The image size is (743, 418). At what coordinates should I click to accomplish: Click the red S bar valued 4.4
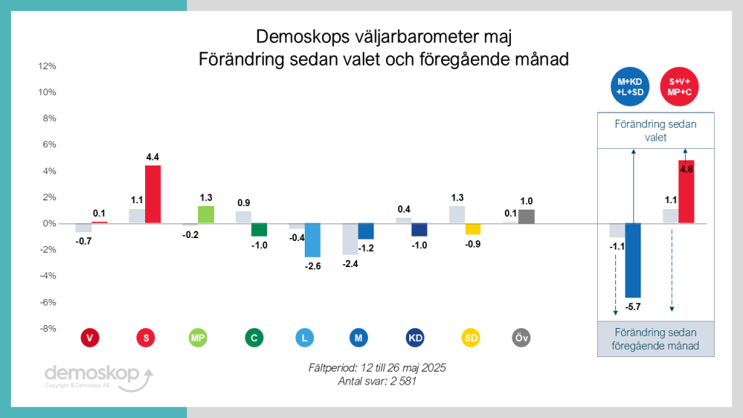click(152, 194)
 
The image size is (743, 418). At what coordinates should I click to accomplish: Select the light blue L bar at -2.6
click(313, 240)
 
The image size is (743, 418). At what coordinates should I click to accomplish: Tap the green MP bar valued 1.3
click(206, 215)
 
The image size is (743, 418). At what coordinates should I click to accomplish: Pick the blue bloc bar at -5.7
click(633, 261)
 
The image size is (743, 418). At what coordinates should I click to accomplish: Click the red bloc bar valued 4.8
click(686, 192)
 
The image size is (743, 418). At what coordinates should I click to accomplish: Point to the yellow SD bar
click(473, 229)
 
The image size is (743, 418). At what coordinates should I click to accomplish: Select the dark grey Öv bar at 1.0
click(526, 216)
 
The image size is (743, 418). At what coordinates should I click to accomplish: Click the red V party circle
click(89, 337)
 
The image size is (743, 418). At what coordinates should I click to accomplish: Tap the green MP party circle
click(197, 337)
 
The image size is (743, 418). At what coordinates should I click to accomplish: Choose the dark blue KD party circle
click(415, 337)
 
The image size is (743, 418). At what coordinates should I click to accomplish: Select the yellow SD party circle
click(471, 337)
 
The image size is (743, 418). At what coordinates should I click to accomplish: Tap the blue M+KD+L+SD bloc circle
click(630, 86)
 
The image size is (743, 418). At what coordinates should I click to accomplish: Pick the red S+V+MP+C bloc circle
click(679, 86)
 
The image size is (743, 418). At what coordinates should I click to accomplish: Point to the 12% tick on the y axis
click(46, 66)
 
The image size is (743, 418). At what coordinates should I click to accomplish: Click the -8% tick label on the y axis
click(46, 328)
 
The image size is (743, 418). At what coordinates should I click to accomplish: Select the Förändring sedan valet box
click(655, 131)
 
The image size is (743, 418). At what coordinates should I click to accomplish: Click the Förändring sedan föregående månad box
click(655, 339)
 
